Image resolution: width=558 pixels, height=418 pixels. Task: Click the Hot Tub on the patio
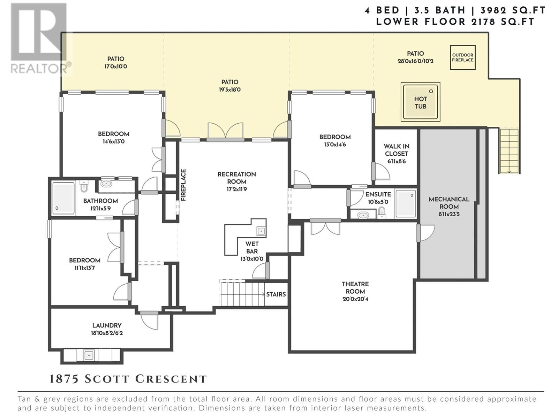[x=421, y=102]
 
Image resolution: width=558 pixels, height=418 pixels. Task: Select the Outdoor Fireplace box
[x=463, y=57]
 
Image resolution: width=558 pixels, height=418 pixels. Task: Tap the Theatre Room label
[x=355, y=288]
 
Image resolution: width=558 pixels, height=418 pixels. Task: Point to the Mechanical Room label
[x=449, y=203]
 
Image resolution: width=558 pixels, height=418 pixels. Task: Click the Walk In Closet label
[x=397, y=150]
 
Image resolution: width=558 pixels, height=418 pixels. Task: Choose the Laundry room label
[x=107, y=325]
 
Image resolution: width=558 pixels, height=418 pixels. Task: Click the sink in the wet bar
[x=261, y=231]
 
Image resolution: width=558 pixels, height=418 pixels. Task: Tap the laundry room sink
[x=89, y=355]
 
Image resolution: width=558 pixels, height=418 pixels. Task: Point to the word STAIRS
[x=276, y=294]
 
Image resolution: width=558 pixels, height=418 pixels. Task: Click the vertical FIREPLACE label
[x=183, y=185]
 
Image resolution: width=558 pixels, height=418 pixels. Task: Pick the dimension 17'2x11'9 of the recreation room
[x=237, y=189]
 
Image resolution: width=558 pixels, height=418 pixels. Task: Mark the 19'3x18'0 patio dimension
[x=229, y=90]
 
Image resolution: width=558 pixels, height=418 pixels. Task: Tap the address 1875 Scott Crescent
[x=128, y=379]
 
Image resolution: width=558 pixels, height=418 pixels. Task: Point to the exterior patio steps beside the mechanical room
[x=509, y=151]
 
